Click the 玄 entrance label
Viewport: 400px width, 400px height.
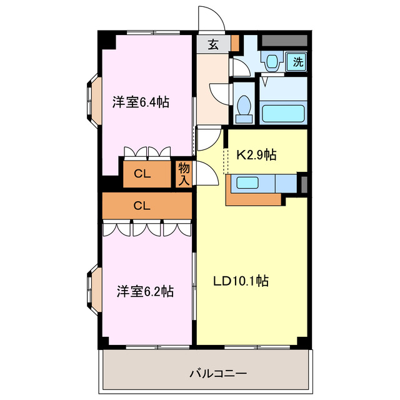(x=213, y=44)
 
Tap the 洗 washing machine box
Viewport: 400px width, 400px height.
(x=298, y=61)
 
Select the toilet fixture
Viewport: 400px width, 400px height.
(x=246, y=106)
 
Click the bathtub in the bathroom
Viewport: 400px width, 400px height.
(x=282, y=114)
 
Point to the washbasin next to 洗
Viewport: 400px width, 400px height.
(x=272, y=61)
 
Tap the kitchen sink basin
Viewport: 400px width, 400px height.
(x=249, y=183)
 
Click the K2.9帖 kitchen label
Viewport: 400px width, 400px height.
(x=256, y=155)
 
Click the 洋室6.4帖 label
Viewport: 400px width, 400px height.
(x=141, y=102)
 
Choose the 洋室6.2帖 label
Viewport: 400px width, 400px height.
(x=145, y=291)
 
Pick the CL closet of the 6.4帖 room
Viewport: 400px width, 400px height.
(x=143, y=174)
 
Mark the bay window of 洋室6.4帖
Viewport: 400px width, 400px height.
(x=91, y=98)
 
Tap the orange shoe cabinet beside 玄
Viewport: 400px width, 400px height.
(x=235, y=44)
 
